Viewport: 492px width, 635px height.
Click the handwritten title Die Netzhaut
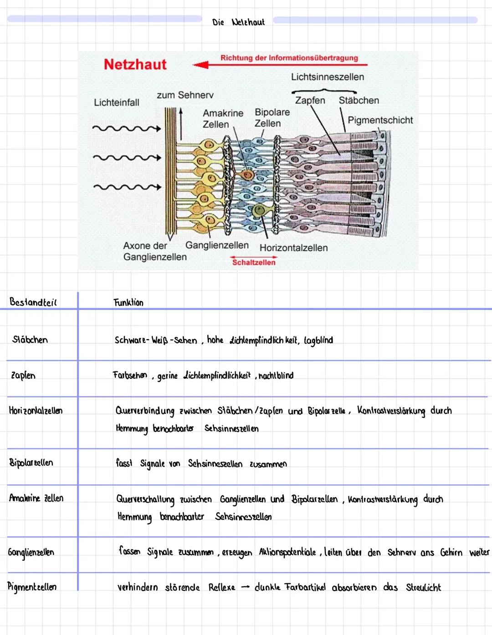click(238, 22)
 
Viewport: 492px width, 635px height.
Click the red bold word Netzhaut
click(135, 65)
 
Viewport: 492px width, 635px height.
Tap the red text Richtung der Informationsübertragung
click(289, 58)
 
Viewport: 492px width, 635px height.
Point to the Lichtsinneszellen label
click(328, 77)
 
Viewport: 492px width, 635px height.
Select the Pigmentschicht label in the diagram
click(380, 120)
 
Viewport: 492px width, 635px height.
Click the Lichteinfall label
click(117, 102)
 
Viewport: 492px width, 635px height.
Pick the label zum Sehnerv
click(185, 95)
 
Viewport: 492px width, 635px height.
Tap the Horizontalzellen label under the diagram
click(293, 248)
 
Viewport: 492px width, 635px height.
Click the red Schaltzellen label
click(254, 262)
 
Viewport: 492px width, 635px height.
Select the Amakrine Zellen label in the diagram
click(223, 118)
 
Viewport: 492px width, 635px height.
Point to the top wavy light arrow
click(126, 129)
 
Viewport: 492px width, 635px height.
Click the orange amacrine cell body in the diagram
click(248, 174)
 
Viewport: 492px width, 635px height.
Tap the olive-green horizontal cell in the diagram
click(259, 210)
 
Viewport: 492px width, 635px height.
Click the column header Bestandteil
click(33, 302)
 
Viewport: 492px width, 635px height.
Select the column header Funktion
click(128, 302)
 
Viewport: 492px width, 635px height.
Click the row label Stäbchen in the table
click(30, 340)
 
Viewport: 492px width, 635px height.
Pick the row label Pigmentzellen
click(32, 587)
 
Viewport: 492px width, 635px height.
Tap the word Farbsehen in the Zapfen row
click(130, 375)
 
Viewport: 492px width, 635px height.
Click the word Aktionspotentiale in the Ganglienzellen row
click(287, 552)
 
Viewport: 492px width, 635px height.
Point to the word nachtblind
click(276, 376)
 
